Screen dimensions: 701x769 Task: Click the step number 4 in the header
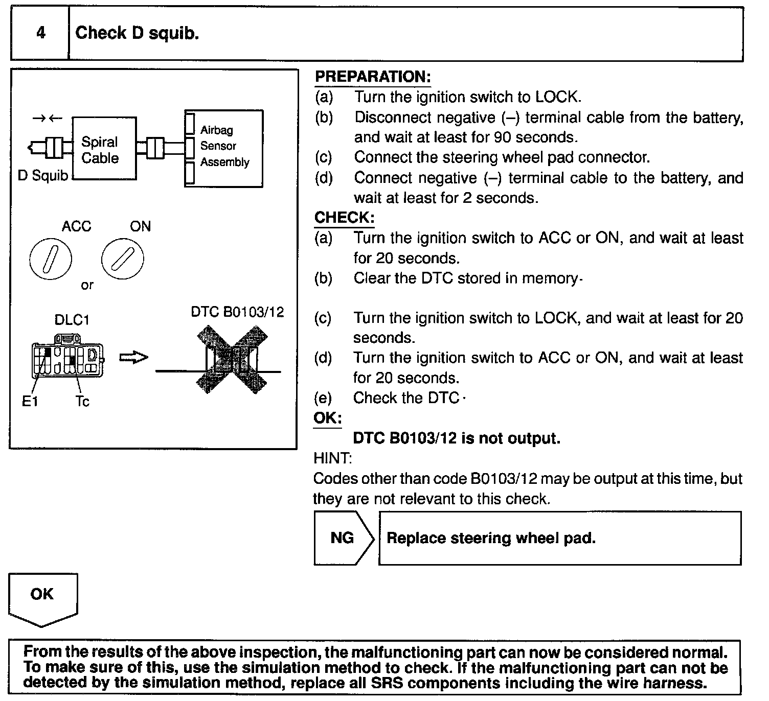coord(40,33)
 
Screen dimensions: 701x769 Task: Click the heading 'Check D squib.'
coord(137,33)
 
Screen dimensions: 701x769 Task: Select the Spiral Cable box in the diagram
coord(104,149)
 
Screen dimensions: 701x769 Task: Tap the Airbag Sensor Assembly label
coord(224,146)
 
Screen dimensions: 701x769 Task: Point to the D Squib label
coord(43,176)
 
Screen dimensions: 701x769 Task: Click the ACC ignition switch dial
coord(51,259)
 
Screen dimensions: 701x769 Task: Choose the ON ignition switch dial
coord(123,259)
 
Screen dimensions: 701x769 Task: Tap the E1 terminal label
coord(30,402)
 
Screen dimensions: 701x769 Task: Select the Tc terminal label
coord(82,402)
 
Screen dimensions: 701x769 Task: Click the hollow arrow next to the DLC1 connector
coord(134,358)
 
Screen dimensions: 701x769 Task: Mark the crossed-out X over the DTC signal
coord(232,361)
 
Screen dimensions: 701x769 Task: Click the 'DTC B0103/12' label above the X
coord(237,312)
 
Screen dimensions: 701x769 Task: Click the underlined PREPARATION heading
coord(373,77)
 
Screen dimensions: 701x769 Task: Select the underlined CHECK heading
coord(344,218)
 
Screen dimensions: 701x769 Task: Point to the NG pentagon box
coord(343,538)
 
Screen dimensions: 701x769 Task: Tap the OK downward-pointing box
coord(42,597)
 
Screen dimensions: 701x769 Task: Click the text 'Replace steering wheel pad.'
coord(491,538)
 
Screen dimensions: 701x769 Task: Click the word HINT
coord(332,458)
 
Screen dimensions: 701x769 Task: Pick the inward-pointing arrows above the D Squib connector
coord(47,119)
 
